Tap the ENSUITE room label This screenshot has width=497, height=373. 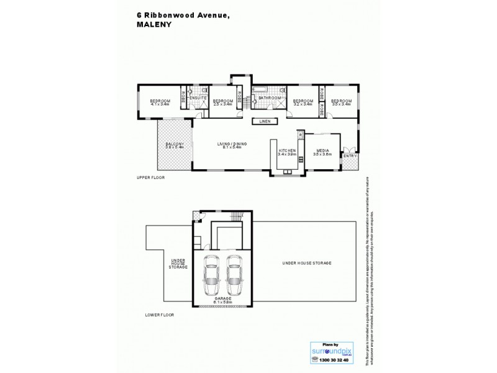[198, 98]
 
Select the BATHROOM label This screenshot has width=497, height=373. [269, 98]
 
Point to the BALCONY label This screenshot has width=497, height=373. [174, 144]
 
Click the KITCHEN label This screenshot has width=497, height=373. [286, 150]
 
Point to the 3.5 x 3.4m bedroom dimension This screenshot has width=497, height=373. [341, 104]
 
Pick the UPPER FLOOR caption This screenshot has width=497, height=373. [150, 178]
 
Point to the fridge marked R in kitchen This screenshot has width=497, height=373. [300, 134]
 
